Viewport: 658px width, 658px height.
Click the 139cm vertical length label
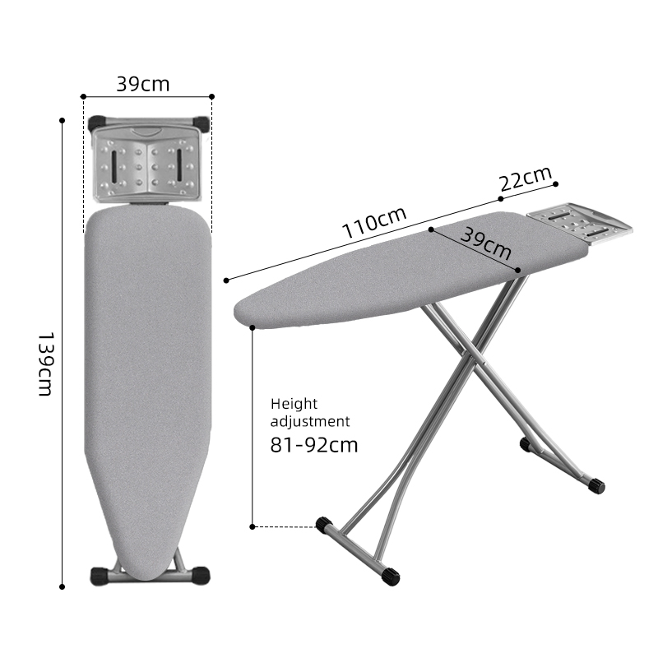coord(45,364)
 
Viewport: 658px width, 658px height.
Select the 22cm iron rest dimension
coord(526,181)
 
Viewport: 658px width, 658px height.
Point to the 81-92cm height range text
coord(314,446)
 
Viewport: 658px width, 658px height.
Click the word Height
coord(294,404)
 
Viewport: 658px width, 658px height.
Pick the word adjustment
coord(310,421)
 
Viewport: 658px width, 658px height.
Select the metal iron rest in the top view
coord(148,162)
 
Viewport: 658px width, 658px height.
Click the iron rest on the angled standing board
coord(579,223)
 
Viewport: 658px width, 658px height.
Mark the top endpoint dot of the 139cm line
coord(63,120)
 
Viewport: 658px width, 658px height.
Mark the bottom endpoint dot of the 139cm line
coord(63,586)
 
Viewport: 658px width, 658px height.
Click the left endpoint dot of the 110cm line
coord(225,280)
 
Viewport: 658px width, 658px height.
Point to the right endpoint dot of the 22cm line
coord(557,183)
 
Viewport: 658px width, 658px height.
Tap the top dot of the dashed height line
coord(253,327)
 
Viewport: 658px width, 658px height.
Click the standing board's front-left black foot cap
coord(323,524)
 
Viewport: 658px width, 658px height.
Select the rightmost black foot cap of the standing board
coord(597,486)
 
